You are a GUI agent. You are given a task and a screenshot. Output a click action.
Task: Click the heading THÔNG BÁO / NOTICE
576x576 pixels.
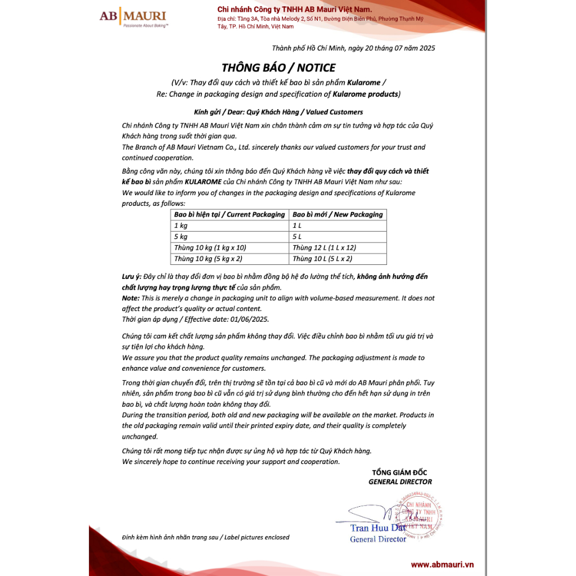click(278, 68)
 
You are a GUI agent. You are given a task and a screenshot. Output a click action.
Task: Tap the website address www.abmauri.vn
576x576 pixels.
click(442, 564)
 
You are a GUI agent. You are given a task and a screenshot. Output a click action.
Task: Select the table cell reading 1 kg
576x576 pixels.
click(181, 226)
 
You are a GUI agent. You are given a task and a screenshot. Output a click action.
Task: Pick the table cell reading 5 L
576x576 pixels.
click(298, 237)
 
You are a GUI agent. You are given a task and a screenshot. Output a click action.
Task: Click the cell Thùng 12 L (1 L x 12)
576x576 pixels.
click(324, 247)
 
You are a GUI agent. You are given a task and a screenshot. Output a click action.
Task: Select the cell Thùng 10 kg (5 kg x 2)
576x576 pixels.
click(210, 259)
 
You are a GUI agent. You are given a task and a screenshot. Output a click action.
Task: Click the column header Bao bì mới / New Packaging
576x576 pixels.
click(337, 214)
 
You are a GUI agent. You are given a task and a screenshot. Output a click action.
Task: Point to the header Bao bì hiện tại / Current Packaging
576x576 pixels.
click(229, 214)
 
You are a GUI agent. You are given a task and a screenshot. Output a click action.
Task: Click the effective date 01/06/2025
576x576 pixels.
click(250, 319)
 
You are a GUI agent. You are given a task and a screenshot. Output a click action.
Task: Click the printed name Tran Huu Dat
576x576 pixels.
click(378, 528)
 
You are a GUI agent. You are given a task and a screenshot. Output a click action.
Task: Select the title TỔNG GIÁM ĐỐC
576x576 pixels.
click(399, 472)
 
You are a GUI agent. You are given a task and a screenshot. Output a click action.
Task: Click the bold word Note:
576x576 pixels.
click(130, 298)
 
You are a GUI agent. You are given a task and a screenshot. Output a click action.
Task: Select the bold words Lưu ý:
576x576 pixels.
click(131, 277)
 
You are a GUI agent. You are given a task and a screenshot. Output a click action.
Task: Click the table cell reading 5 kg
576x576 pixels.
click(181, 237)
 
